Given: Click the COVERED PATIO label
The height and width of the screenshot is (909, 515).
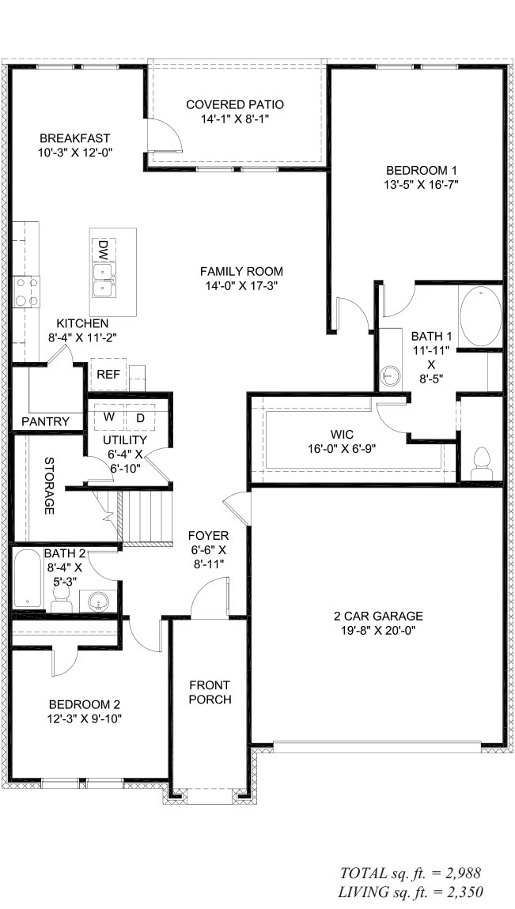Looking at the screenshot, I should [235, 104].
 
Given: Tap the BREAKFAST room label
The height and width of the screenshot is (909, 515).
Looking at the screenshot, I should [74, 138].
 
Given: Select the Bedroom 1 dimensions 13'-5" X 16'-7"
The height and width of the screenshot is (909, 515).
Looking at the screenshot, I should [422, 185].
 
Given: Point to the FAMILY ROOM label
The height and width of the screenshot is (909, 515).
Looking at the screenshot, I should [241, 271].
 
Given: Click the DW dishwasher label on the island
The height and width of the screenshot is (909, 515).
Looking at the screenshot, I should [102, 251].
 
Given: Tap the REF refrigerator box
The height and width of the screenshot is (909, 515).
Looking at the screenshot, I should [108, 374].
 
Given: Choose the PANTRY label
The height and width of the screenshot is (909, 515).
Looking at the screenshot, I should [45, 421].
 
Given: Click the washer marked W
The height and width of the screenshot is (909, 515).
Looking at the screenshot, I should [110, 417].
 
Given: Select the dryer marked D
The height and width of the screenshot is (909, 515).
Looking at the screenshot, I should [141, 417].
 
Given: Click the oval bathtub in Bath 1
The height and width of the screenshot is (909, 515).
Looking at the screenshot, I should [480, 317].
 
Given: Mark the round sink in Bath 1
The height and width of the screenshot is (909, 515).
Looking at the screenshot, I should [390, 374].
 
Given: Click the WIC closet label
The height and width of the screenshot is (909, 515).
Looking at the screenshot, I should [343, 434].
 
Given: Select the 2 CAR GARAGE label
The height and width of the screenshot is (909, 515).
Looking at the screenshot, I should [377, 616].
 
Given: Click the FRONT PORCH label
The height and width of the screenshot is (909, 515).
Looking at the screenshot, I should [210, 692].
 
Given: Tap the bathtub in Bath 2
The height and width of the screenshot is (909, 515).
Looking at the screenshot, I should [27, 579].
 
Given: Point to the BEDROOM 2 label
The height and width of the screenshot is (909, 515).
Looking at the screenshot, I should [85, 704].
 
